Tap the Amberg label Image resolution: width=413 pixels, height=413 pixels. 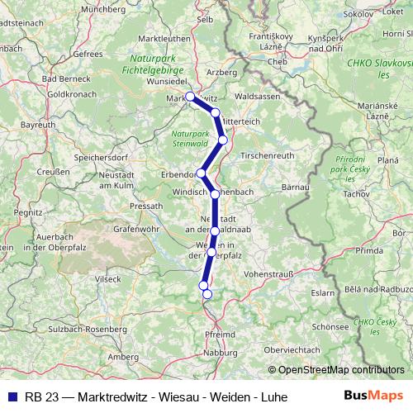[124, 357]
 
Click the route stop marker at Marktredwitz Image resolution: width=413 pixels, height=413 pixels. [190, 97]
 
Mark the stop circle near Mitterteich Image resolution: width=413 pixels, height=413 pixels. [216, 112]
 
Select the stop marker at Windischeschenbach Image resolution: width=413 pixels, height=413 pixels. [215, 194]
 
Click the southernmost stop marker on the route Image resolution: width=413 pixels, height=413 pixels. [207, 294]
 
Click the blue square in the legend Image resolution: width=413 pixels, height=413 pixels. [11, 396]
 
